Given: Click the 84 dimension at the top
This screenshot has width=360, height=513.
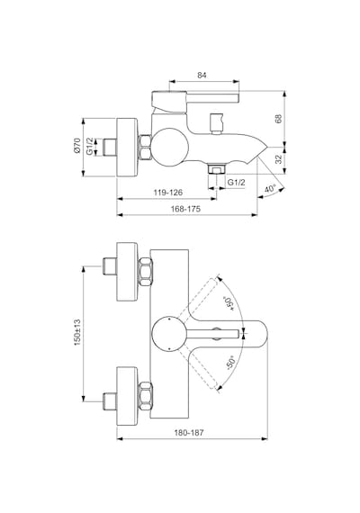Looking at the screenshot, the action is (x=202, y=75).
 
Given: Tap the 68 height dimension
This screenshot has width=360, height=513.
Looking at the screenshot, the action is (x=278, y=119).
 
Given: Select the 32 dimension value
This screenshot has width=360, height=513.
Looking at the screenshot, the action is (x=278, y=159).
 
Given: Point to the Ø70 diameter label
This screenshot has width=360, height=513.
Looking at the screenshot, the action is (x=77, y=146).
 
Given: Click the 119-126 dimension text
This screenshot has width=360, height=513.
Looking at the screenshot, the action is (x=168, y=193).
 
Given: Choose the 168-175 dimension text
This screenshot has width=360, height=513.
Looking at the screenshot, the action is (x=185, y=209).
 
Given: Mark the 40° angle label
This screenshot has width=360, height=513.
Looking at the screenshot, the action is (x=270, y=189).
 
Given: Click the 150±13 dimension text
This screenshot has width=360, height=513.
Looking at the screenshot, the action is (x=77, y=333).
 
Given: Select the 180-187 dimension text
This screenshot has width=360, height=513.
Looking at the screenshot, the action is (x=189, y=433).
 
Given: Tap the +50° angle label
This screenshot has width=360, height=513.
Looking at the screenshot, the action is (x=229, y=303).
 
